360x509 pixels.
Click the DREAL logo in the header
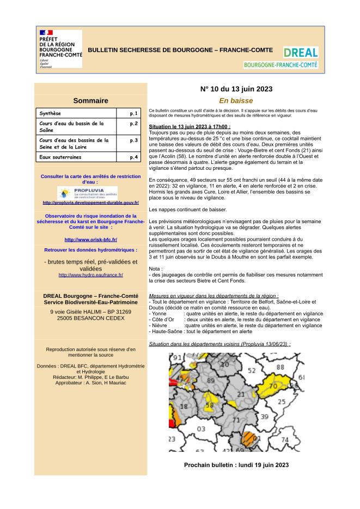point(300,57)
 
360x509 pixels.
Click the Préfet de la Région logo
point(60,49)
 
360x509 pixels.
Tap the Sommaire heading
point(90,101)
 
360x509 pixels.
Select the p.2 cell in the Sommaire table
point(133,124)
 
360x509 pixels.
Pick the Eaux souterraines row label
point(60,157)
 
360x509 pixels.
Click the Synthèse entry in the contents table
point(50,113)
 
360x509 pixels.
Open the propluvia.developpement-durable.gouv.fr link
point(90,203)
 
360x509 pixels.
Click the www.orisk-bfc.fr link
point(90,240)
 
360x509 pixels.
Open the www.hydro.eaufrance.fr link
point(90,275)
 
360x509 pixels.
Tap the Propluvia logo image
point(87,193)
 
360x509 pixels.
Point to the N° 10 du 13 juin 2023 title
point(236,89)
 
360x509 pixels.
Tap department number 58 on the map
point(209,406)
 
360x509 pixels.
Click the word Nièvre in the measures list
point(160,326)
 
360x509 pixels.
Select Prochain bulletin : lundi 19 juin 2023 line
point(236,465)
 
